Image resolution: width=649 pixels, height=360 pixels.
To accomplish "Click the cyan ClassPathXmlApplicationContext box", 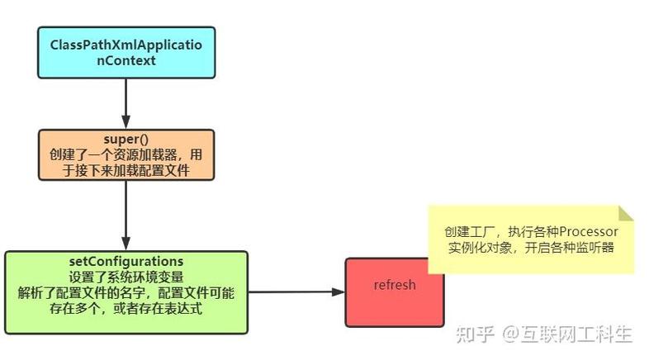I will [x=125, y=52].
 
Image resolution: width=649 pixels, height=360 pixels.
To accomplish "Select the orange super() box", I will [x=125, y=154].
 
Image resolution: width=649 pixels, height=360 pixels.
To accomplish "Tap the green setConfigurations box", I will [x=126, y=291].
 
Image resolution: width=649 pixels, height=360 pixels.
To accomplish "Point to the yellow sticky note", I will [x=531, y=239].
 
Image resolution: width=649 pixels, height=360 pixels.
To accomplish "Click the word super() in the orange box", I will [x=126, y=139].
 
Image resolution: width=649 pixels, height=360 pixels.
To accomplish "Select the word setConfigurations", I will [x=126, y=262].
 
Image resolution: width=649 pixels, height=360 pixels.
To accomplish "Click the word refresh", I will [x=394, y=286].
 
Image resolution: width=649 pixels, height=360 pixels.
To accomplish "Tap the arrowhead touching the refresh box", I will [x=338, y=291].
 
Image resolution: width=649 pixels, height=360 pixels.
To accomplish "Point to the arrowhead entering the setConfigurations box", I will [x=125, y=244].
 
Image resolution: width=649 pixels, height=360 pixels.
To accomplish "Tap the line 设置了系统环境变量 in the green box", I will [x=126, y=277].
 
